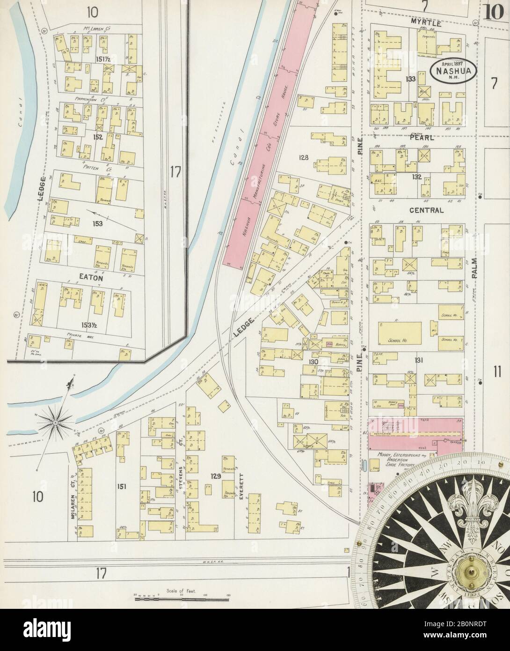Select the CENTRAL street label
tap(426, 210)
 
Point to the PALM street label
tap(474, 269)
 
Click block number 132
tap(416, 177)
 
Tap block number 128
tap(304, 157)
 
